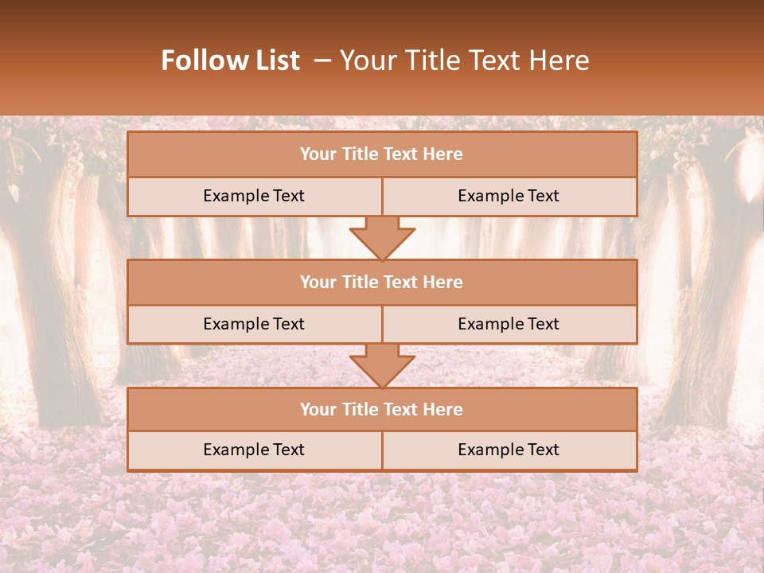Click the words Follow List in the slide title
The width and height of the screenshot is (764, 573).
230,60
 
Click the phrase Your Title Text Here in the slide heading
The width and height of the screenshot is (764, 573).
464,60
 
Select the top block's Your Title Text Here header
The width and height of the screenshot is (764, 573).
381,154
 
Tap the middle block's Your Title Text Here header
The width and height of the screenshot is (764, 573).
381,282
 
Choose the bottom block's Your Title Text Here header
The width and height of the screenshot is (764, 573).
381,409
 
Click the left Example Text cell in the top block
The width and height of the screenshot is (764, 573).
254,196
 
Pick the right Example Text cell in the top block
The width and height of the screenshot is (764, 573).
509,196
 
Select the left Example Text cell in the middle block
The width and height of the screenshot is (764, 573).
254,324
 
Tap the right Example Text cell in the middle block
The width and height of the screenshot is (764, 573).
509,324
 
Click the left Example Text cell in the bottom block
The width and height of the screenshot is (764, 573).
254,450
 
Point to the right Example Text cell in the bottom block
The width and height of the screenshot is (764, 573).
509,450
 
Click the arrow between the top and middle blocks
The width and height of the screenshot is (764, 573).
382,237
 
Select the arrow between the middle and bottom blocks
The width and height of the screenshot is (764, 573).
382,365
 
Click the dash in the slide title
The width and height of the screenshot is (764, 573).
322,60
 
